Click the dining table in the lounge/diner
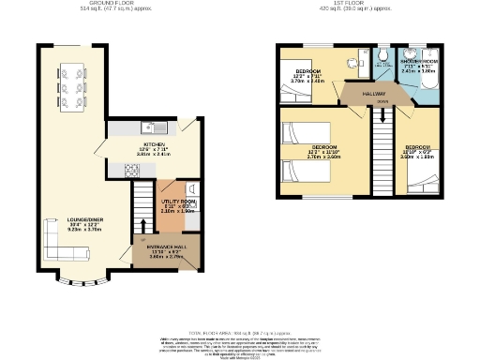71,82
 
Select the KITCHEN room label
154,145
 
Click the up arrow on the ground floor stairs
142,226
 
